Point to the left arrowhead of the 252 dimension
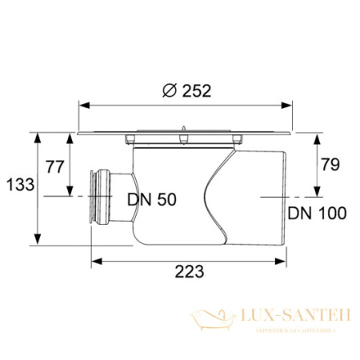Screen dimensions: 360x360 [80, 102]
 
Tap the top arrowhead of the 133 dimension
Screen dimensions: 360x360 [38, 134]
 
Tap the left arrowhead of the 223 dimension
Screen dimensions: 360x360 [91, 259]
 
